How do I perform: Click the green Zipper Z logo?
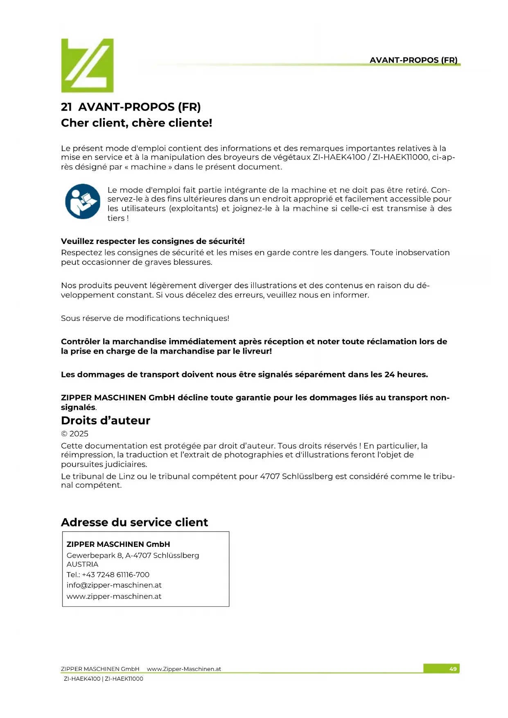[87, 65]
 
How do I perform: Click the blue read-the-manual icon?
[82, 201]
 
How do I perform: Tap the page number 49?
[453, 669]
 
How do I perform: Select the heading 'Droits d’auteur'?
[106, 420]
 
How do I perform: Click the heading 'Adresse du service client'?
[134, 522]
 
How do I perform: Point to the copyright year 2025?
[79, 434]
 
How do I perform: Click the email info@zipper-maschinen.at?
[114, 585]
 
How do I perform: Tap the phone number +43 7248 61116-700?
[116, 575]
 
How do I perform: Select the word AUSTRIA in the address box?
[82, 564]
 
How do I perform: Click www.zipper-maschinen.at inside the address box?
[114, 596]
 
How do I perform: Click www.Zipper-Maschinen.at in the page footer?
[184, 669]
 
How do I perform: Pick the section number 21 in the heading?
[66, 107]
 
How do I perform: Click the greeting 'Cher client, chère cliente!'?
[136, 123]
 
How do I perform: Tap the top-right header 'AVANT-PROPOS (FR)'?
[413, 60]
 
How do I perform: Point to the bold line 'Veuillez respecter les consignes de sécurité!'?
[153, 241]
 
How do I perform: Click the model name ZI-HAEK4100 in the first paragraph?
[339, 158]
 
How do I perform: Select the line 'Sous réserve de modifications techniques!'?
[145, 318]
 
